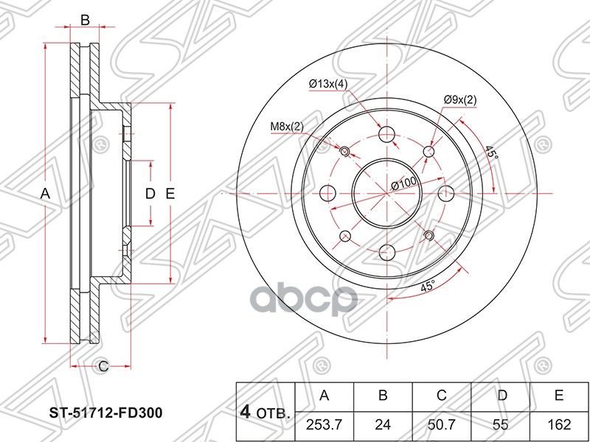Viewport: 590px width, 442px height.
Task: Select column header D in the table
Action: [x=501, y=396]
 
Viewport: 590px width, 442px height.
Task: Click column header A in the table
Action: [x=324, y=396]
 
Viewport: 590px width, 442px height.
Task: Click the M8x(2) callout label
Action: [x=286, y=127]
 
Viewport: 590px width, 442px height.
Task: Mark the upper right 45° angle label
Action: [x=491, y=154]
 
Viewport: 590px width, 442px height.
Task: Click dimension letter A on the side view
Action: [x=45, y=194]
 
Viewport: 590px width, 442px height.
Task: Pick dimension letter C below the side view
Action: [x=103, y=365]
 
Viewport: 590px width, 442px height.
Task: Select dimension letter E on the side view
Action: [x=170, y=194]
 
